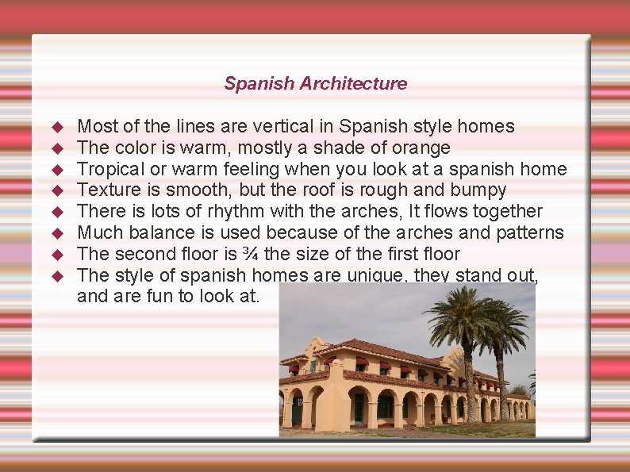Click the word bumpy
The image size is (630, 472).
[478, 190]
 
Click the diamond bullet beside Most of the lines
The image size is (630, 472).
[56, 127]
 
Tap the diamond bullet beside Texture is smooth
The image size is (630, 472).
[56, 191]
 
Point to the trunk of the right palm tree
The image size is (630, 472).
[501, 381]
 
